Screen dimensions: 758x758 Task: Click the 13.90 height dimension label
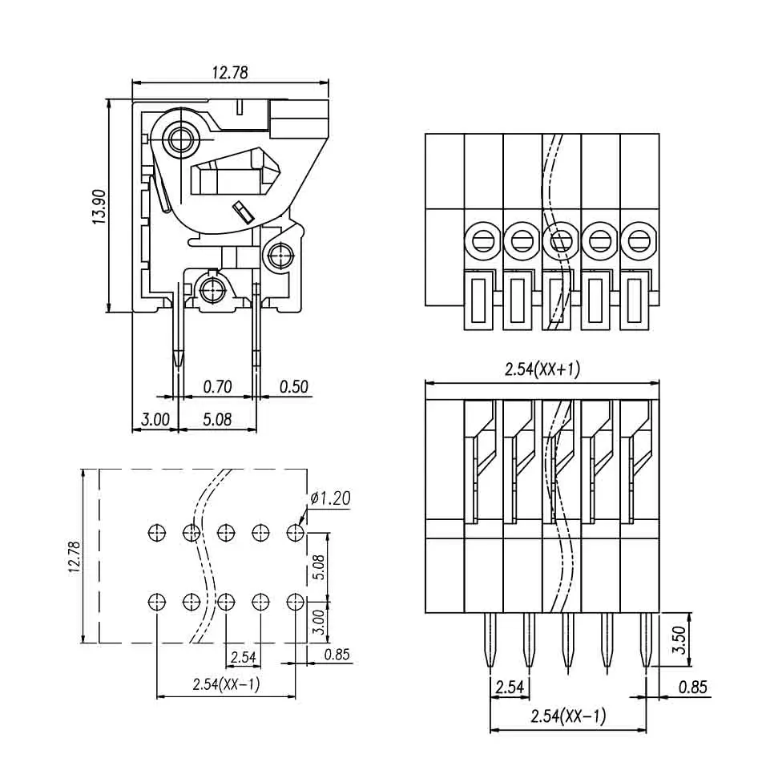pos(99,207)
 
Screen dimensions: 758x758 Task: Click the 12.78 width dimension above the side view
pos(229,73)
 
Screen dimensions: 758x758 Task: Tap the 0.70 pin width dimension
pos(217,387)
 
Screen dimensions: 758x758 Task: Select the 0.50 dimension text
pos(294,387)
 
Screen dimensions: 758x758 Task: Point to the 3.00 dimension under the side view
pos(155,419)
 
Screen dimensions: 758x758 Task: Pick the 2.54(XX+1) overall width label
pos(542,369)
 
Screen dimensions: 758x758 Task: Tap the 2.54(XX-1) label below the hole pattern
pos(226,684)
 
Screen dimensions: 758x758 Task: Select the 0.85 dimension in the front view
pos(692,687)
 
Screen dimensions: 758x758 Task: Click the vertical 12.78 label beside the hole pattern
pos(74,556)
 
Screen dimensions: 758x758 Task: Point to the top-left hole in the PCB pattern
pos(156,531)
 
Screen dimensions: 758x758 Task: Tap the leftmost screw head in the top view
pos(483,240)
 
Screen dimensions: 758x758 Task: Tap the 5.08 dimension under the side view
pos(218,419)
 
